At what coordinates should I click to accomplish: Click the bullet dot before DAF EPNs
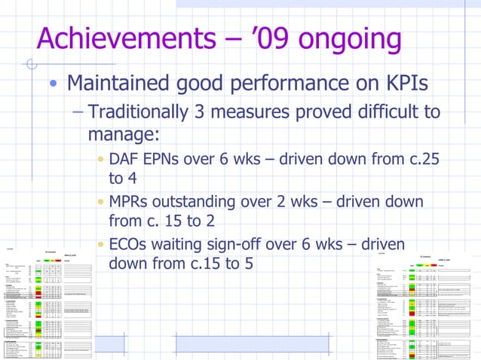pos(100,160)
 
